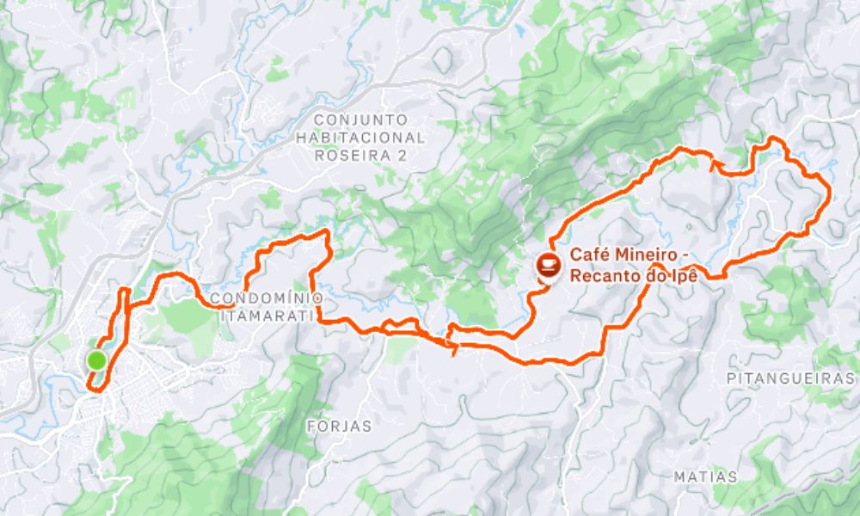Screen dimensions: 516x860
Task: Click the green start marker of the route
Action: click(96, 360)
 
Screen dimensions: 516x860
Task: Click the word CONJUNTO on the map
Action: click(360, 120)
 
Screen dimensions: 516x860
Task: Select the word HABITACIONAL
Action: click(360, 138)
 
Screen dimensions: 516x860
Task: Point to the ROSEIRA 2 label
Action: click(360, 156)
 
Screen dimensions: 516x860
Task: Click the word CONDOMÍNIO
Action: click(267, 298)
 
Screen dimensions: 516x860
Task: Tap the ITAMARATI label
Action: click(267, 316)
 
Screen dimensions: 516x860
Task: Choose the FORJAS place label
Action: click(340, 426)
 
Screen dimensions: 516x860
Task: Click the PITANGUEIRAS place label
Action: click(791, 378)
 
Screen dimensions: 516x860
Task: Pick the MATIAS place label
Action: click(705, 476)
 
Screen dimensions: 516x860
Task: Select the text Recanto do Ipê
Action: click(630, 275)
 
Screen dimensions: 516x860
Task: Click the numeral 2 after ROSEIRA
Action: click(401, 156)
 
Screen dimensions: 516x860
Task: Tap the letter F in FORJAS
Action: click(312, 426)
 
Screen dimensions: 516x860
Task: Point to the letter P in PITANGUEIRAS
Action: click(731, 378)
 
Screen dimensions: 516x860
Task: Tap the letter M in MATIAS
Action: click(679, 476)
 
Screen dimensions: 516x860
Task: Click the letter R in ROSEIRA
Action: click(320, 156)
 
